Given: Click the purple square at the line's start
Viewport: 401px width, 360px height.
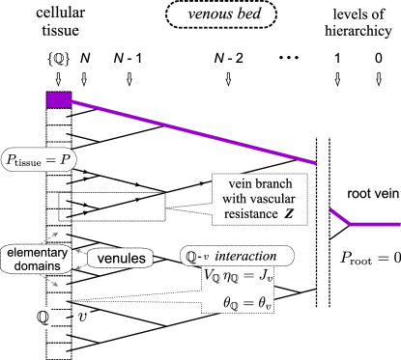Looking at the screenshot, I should click(58, 99).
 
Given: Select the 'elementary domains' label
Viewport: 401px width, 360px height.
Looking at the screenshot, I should click(37, 258).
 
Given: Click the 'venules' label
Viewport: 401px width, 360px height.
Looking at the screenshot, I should click(122, 259).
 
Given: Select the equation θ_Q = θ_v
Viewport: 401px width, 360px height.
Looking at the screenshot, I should click(248, 303).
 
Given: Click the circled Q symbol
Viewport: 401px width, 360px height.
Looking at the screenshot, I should click(43, 317).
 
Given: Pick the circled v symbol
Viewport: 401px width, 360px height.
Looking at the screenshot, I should click(84, 317).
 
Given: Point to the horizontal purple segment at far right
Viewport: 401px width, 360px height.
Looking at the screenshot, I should click(375, 224).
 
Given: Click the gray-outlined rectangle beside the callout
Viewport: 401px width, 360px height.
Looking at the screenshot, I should click(111, 207).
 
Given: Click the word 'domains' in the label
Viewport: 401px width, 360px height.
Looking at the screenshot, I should click(37, 265).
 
